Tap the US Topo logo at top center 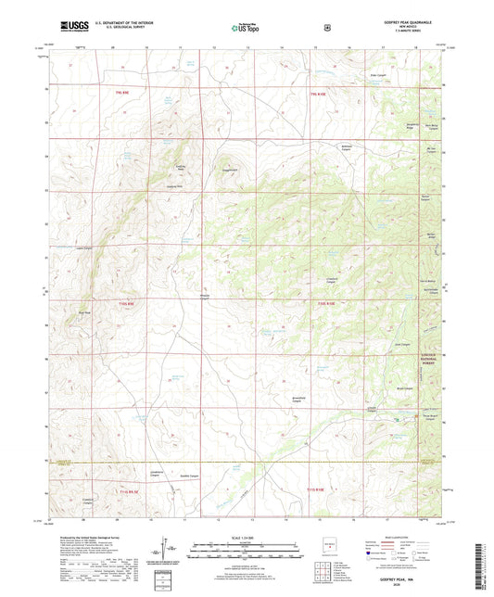(x=247, y=28)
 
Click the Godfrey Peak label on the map (x=182, y=167)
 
